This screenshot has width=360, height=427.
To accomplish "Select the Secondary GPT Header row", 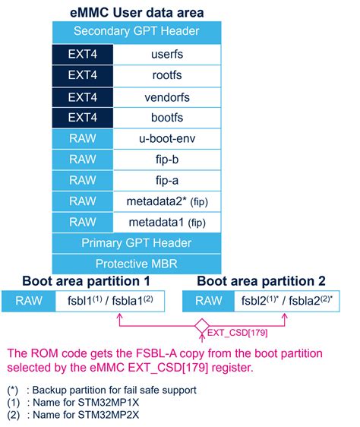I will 137,32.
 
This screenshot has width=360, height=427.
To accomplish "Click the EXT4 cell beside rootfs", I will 82,76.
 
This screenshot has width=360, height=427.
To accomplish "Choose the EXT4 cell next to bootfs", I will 82,119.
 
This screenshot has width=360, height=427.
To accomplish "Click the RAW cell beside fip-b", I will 82,160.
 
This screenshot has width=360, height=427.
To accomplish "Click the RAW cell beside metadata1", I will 82,223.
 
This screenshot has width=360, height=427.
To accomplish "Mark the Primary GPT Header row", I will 137,244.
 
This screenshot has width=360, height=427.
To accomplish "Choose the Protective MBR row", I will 137,264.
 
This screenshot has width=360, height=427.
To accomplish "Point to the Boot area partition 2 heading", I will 263,280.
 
